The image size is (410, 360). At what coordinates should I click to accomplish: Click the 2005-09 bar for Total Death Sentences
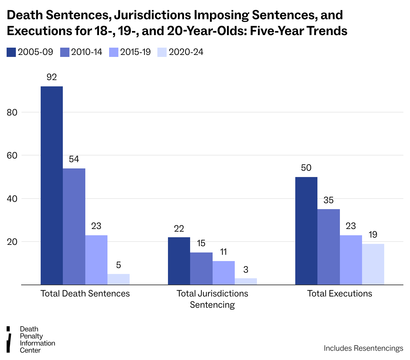pyautogui.click(x=52, y=185)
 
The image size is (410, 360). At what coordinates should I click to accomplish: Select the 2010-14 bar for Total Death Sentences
pyautogui.click(x=74, y=226)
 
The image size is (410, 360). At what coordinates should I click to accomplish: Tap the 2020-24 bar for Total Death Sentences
pyautogui.click(x=118, y=279)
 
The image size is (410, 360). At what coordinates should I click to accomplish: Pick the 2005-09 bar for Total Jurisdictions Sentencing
pyautogui.click(x=179, y=261)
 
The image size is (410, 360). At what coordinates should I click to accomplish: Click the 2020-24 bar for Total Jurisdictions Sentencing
pyautogui.click(x=246, y=281)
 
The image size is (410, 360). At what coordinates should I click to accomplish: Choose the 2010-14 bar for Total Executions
pyautogui.click(x=329, y=247)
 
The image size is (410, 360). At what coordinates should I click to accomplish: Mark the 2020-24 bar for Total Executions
pyautogui.click(x=373, y=264)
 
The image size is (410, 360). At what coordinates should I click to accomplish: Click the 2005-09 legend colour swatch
pyautogui.click(x=11, y=52)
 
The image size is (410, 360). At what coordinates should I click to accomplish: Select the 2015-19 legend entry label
pyautogui.click(x=136, y=52)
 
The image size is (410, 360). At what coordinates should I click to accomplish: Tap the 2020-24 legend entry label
pyautogui.click(x=186, y=52)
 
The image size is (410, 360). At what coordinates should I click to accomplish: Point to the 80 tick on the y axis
pyautogui.click(x=12, y=112)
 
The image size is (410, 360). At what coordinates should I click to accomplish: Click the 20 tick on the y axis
pyautogui.click(x=12, y=242)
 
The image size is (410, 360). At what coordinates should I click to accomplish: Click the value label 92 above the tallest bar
pyautogui.click(x=52, y=77)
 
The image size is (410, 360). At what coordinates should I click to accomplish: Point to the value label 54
pyautogui.click(x=74, y=159)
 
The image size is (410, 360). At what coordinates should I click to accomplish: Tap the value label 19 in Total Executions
pyautogui.click(x=373, y=235)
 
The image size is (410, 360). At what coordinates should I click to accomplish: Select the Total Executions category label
pyautogui.click(x=340, y=293)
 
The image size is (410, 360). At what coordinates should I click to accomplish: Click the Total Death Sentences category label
pyautogui.click(x=85, y=293)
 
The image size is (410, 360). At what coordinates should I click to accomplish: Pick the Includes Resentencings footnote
pyautogui.click(x=363, y=348)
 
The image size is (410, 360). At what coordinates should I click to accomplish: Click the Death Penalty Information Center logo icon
pyautogui.click(x=9, y=339)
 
